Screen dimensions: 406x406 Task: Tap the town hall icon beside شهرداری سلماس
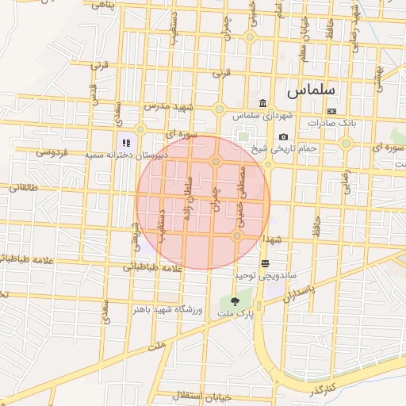coord(262,103)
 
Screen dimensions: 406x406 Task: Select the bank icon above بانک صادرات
coord(331,111)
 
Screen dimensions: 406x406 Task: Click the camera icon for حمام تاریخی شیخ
coord(283,136)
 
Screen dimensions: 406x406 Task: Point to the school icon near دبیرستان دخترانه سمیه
coord(126,143)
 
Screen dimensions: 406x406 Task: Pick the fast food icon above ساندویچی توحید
coord(265,262)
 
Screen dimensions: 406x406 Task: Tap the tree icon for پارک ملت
coord(234,301)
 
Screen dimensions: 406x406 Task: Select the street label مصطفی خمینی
coord(243,192)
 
